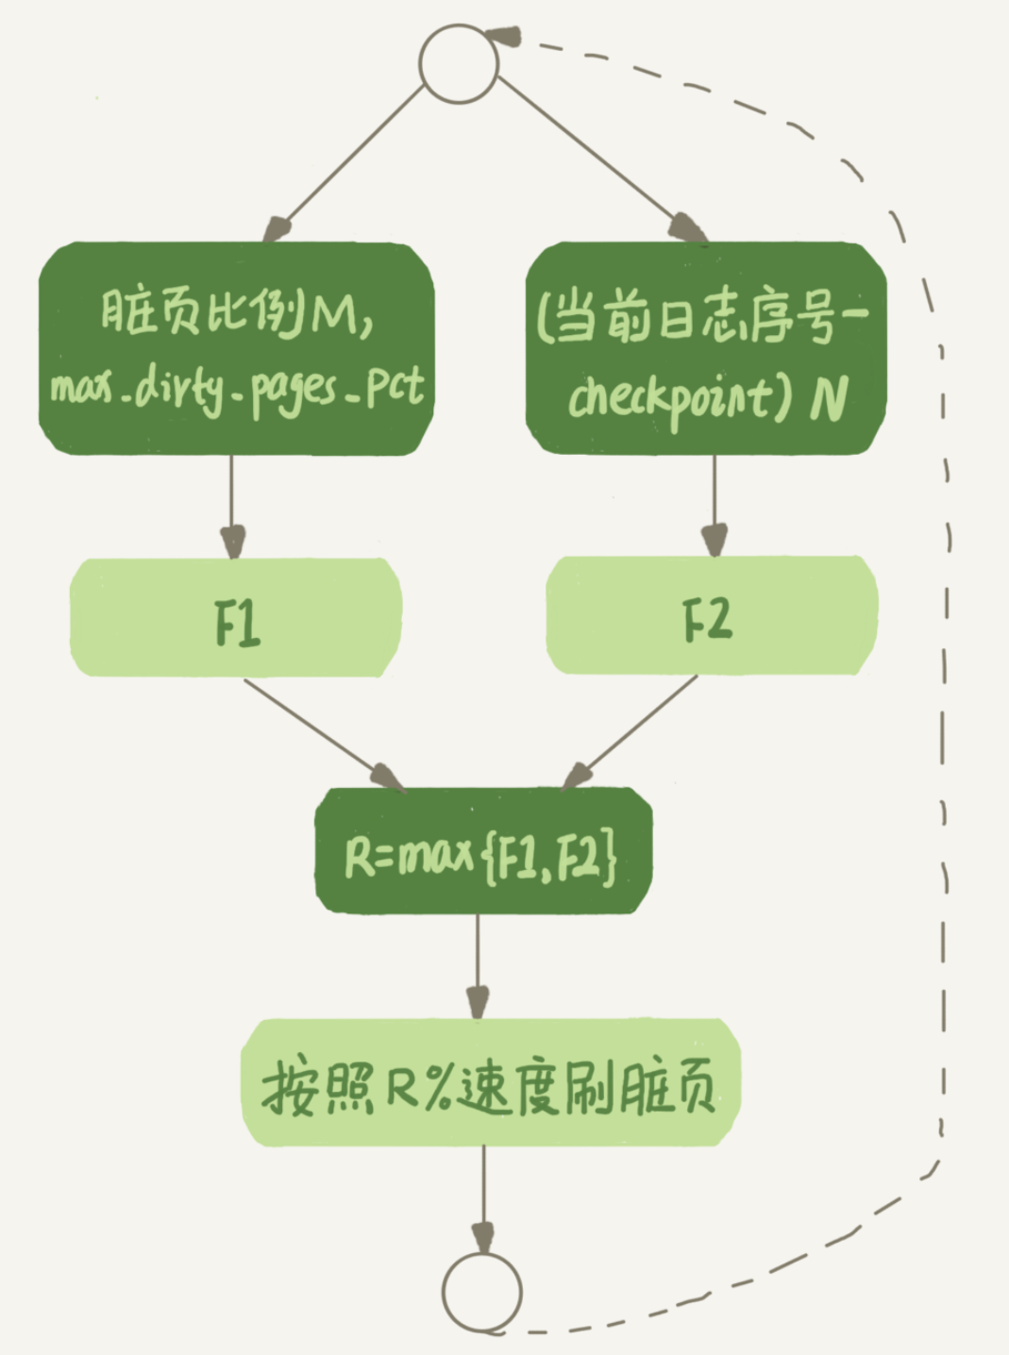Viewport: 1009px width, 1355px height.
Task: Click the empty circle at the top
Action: [x=458, y=62]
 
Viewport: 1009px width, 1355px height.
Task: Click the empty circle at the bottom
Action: [x=481, y=1292]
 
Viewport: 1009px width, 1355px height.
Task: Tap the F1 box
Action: [x=236, y=618]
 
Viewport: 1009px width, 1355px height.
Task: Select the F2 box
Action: [x=712, y=615]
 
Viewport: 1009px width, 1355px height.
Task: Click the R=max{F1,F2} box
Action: [x=483, y=852]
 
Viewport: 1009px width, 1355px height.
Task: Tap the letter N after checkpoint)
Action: [x=828, y=397]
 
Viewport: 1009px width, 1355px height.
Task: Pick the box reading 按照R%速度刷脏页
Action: [x=490, y=1082]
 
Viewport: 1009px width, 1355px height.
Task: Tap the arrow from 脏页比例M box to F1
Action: [x=232, y=505]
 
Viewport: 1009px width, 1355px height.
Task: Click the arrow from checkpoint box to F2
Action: [x=715, y=505]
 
